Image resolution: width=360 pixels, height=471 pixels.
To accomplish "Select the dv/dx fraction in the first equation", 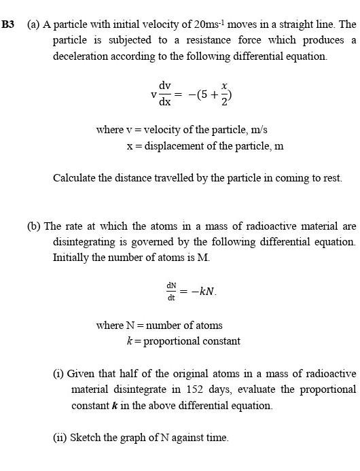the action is click(164, 94).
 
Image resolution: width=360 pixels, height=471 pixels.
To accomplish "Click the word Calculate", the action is click(76, 178).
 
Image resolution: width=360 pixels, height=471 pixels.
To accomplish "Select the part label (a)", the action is click(33, 24).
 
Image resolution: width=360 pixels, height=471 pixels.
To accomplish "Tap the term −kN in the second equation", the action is click(202, 292).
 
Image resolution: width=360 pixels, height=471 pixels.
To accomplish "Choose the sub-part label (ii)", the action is click(60, 438).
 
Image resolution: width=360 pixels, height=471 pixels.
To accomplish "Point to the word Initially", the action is click(73, 258).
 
